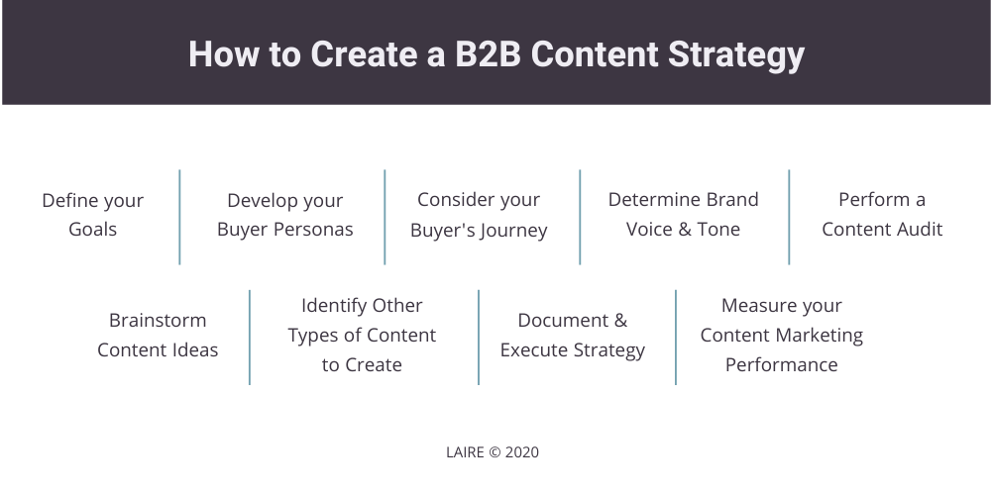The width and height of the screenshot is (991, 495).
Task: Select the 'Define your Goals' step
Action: pyautogui.click(x=92, y=215)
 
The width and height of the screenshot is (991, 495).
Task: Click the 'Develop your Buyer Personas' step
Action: pyautogui.click(x=284, y=215)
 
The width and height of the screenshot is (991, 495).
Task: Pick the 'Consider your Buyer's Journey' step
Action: pyautogui.click(x=479, y=215)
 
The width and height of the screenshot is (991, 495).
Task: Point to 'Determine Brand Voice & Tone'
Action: pyautogui.click(x=683, y=215)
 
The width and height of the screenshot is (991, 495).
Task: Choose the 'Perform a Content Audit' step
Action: pyautogui.click(x=882, y=215)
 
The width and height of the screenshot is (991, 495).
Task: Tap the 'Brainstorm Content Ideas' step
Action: pyautogui.click(x=158, y=335)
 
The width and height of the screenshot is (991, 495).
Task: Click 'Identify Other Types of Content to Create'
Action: pyautogui.click(x=362, y=335)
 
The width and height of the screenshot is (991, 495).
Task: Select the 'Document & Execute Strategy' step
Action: pyautogui.click(x=573, y=335)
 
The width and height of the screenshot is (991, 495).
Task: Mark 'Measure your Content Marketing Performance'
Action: pyautogui.click(x=781, y=335)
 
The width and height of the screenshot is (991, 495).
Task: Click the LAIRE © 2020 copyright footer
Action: pyautogui.click(x=493, y=452)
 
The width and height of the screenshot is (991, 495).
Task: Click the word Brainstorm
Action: pyautogui.click(x=158, y=321)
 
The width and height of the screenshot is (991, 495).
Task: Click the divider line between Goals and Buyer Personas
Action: pyautogui.click(x=179, y=217)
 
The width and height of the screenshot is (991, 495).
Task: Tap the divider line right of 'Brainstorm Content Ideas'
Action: pyautogui.click(x=250, y=337)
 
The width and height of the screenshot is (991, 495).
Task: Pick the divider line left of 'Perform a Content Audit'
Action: pyautogui.click(x=789, y=217)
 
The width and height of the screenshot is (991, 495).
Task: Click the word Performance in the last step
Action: pyautogui.click(x=781, y=364)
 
